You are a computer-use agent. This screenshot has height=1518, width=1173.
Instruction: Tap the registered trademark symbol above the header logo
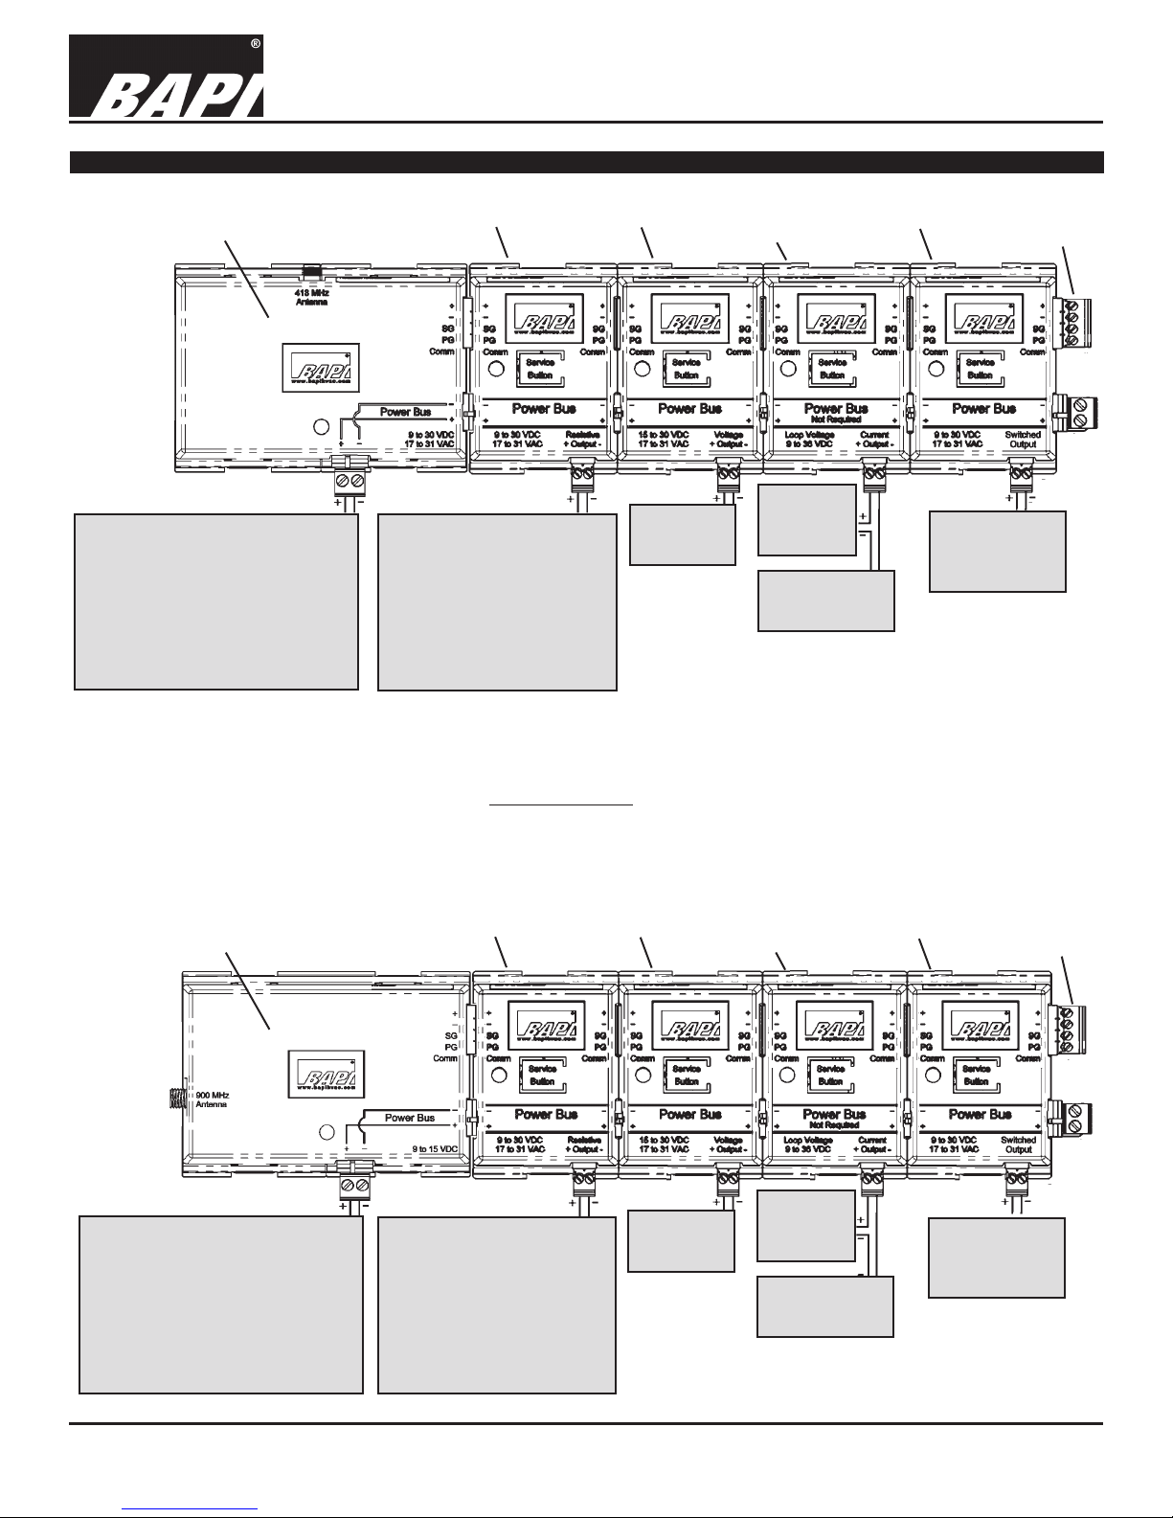click(x=255, y=46)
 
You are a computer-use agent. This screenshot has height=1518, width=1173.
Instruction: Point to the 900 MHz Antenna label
click(x=214, y=1099)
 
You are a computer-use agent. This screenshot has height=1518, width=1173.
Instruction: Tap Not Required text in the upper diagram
click(x=836, y=419)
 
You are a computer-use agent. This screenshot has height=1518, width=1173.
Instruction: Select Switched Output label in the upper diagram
click(x=1023, y=440)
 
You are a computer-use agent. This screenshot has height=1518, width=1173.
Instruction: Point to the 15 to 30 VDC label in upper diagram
click(x=663, y=440)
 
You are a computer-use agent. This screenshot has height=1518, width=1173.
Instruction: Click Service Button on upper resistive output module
click(x=540, y=369)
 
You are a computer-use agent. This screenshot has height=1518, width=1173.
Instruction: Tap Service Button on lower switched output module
click(x=976, y=1075)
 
